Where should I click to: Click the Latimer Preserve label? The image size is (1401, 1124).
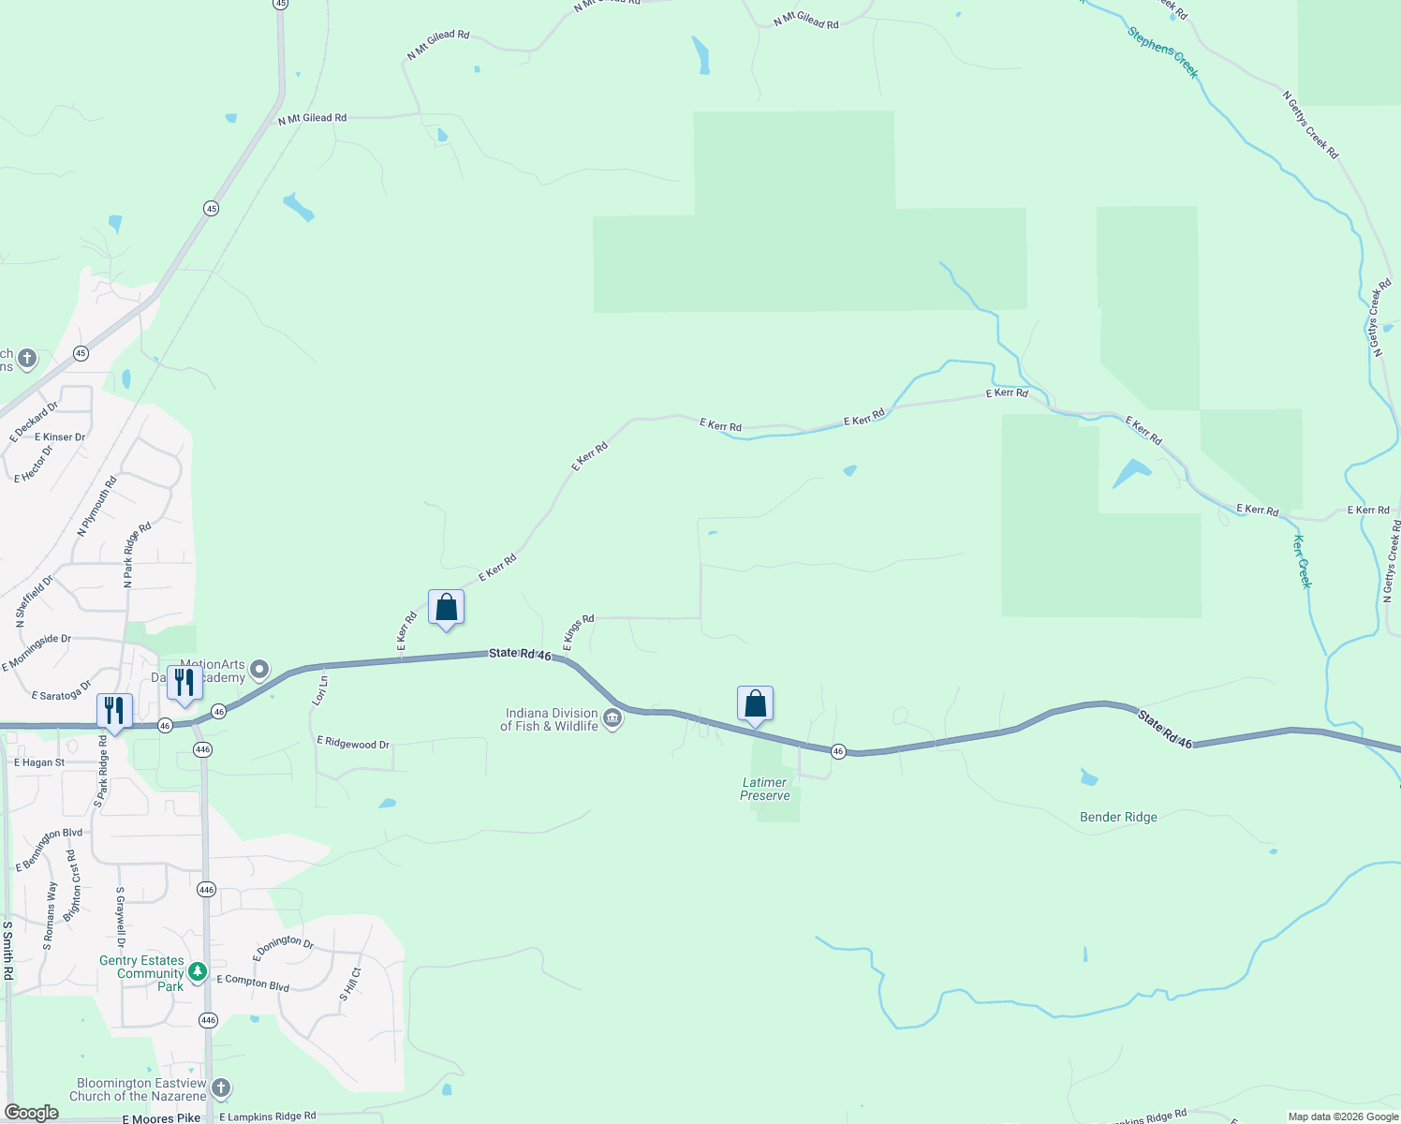tap(765, 789)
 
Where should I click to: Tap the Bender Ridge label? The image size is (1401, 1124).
tap(1118, 818)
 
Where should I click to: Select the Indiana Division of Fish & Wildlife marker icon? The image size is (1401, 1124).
tap(612, 719)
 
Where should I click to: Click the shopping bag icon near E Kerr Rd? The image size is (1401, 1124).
tap(447, 608)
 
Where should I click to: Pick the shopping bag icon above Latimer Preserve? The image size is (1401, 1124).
tap(755, 704)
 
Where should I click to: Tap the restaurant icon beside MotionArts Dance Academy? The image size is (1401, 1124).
tap(184, 684)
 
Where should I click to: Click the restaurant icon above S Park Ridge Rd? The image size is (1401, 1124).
tap(114, 711)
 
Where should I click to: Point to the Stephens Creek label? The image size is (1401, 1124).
tap(1162, 52)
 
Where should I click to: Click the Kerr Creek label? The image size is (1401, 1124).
tap(1303, 561)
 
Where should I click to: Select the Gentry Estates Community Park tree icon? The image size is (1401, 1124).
tap(198, 972)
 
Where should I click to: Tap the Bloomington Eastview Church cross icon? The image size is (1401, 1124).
tap(221, 1087)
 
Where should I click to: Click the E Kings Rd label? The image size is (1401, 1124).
tap(579, 633)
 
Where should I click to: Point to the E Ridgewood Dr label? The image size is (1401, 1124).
tap(353, 744)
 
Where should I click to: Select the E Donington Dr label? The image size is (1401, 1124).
tap(283, 947)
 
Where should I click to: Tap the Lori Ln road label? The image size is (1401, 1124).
tap(320, 690)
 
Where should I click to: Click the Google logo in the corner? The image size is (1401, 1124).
tap(32, 1112)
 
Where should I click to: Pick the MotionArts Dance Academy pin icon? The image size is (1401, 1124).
tap(259, 670)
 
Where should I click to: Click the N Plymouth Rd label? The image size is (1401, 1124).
tap(97, 507)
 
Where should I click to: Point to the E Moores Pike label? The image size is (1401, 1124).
tap(161, 1117)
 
